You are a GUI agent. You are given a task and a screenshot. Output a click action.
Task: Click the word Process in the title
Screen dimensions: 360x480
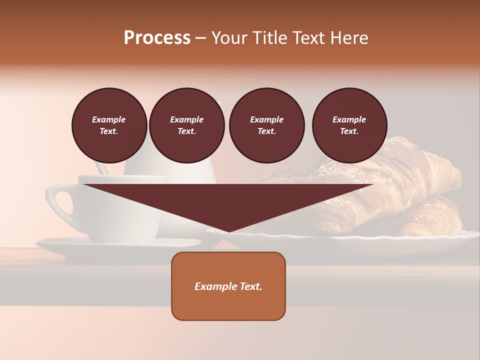coord(157,38)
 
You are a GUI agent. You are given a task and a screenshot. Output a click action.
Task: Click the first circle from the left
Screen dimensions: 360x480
coord(109,125)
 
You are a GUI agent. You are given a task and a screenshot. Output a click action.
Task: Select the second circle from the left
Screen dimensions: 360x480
coord(186,125)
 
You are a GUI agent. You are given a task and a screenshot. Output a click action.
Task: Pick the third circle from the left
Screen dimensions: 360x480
coord(266,125)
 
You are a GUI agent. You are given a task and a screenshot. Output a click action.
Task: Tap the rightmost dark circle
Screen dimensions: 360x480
coord(349,125)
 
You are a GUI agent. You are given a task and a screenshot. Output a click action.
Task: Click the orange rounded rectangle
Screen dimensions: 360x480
coord(228,305)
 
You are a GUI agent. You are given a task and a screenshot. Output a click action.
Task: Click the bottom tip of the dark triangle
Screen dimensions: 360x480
coord(229,231)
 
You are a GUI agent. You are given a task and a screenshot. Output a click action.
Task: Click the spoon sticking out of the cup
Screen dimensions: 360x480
coord(101,167)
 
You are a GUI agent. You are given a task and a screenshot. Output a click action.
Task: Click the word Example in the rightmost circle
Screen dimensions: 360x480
coord(349,119)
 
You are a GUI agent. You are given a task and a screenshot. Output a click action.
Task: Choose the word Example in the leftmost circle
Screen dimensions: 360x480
coord(109,119)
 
